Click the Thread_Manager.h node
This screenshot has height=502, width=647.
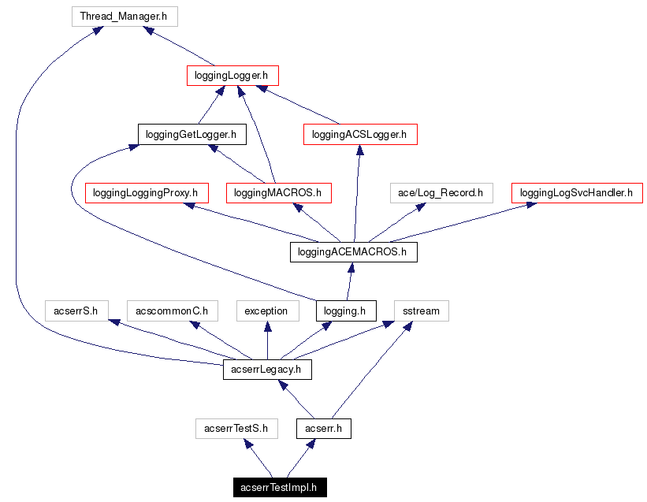[125, 16]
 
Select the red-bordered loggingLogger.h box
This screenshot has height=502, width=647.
[232, 76]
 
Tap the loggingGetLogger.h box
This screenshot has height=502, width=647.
[191, 135]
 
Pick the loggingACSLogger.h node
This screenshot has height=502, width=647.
[359, 135]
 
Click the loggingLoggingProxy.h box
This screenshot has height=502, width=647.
[146, 192]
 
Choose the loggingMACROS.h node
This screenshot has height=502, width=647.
[278, 192]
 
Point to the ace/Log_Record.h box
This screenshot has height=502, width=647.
[441, 192]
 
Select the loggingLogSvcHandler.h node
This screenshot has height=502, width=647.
[577, 192]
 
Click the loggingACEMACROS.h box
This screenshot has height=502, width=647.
[352, 252]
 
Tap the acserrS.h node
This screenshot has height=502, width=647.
[76, 310]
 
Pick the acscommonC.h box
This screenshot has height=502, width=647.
[171, 310]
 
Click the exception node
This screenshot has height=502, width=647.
[266, 310]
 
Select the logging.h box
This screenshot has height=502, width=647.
[345, 310]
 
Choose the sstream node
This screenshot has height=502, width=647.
[421, 310]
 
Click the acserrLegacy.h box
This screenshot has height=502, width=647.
[267, 369]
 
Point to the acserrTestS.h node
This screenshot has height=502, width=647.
[236, 429]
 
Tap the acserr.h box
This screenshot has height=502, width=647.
[323, 429]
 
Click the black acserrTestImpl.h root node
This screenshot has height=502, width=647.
[279, 488]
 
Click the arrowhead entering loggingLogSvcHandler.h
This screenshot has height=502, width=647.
[532, 205]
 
